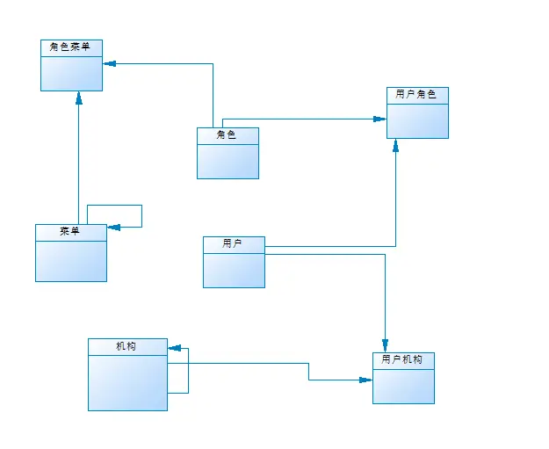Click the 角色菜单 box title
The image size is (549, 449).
coord(71,47)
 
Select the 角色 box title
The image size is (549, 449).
coord(228,135)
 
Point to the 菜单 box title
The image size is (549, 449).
coord(70,232)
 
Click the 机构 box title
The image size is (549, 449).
coord(127,346)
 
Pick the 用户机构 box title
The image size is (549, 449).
coord(403,360)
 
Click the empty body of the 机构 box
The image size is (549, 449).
coord(127,383)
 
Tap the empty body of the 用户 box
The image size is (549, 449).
coord(234,270)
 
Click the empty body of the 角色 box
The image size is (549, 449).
coord(228,160)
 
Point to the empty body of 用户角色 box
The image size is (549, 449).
coord(417,120)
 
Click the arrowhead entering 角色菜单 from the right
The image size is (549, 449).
coord(109,63)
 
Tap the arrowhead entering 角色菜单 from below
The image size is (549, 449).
coord(78,98)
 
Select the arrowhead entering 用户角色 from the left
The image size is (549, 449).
coord(380,119)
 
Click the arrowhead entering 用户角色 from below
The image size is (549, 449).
coord(396,145)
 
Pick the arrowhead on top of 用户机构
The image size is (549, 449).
coord(385,345)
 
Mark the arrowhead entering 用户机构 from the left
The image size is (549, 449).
coord(366,380)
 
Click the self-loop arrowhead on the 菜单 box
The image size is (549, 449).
coord(113,227)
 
